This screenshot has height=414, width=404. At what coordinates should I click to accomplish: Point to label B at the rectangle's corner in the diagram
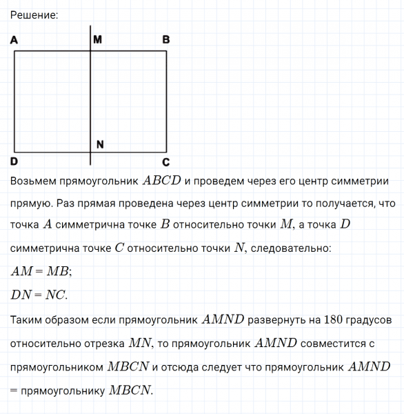165,40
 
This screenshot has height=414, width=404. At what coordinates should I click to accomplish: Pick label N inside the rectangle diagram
100,144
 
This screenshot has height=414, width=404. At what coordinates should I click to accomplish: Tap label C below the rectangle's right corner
165,163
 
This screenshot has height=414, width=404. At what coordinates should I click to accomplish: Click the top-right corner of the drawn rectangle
167,50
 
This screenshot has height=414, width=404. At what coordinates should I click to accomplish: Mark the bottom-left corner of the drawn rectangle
15,152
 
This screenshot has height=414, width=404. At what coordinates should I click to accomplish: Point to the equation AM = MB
41,271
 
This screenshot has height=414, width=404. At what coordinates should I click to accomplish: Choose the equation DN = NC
39,295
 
